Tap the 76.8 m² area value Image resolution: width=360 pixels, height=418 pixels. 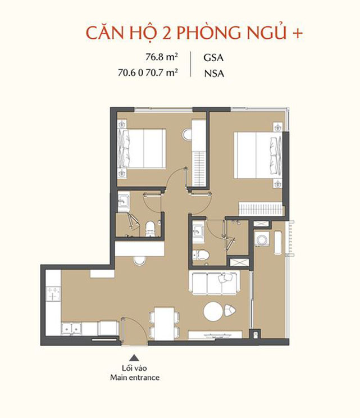[x=162, y=57]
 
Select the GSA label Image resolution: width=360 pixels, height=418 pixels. [x=213, y=58]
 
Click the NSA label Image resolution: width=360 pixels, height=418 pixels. [x=214, y=73]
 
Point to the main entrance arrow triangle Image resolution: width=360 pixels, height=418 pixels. [x=135, y=358]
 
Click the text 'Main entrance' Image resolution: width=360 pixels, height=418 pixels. [x=135, y=378]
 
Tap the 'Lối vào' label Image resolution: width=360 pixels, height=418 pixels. [x=134, y=368]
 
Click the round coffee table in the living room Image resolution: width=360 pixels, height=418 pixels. [x=213, y=311]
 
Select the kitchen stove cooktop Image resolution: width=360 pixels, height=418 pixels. [x=53, y=294]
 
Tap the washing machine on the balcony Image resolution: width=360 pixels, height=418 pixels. [x=262, y=238]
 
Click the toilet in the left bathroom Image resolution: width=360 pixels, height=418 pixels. [x=151, y=229]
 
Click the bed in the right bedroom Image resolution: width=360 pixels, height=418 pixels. [x=257, y=155]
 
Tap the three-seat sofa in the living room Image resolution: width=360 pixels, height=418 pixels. [x=214, y=283]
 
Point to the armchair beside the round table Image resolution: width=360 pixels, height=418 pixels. [x=230, y=310]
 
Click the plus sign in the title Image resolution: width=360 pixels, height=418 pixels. [x=298, y=34]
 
